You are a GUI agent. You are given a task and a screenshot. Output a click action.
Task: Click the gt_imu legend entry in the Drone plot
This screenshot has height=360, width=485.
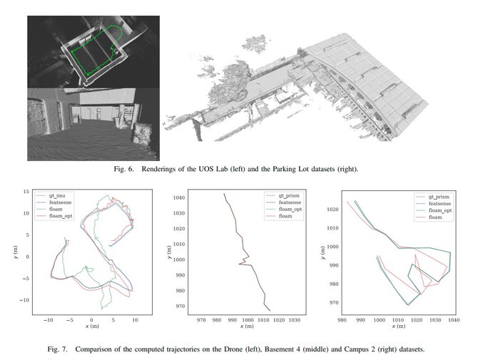pyautogui.click(x=54, y=195)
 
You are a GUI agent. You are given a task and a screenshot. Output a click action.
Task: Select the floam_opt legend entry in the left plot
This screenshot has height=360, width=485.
pyautogui.click(x=54, y=216)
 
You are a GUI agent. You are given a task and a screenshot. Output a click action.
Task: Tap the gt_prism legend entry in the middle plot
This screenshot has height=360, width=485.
pyautogui.click(x=282, y=195)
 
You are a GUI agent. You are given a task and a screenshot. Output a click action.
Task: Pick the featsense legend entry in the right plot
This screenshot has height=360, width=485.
pyautogui.click(x=433, y=203)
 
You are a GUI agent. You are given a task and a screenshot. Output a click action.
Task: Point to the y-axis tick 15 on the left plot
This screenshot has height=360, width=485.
pyautogui.click(x=26, y=192)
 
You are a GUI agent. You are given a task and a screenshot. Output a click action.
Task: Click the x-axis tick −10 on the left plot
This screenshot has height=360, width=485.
pyautogui.click(x=48, y=320)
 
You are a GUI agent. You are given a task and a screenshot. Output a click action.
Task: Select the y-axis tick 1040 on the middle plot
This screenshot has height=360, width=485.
pyautogui.click(x=179, y=197)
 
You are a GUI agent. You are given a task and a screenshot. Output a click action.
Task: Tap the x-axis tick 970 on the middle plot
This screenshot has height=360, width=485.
pyautogui.click(x=201, y=320)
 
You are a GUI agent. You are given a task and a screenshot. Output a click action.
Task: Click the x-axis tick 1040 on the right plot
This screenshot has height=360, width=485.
pyautogui.click(x=454, y=320)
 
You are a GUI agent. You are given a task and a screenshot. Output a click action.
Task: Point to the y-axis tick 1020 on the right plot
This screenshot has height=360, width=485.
pyautogui.click(x=332, y=209)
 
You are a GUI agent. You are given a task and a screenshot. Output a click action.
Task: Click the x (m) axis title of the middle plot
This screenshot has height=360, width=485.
pyautogui.click(x=247, y=326)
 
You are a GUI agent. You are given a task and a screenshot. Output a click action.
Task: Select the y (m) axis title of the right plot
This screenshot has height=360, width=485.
pyautogui.click(x=322, y=252)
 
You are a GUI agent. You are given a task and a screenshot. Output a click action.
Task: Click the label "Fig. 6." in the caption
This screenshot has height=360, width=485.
pyautogui.click(x=124, y=169)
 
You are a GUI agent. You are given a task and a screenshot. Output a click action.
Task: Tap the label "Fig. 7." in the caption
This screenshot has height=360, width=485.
pyautogui.click(x=58, y=349)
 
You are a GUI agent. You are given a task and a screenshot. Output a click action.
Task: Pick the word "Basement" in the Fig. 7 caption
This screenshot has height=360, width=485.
pyautogui.click(x=280, y=349)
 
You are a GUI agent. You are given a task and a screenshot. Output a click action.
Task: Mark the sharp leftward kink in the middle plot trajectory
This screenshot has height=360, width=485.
pyautogui.click(x=239, y=264)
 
